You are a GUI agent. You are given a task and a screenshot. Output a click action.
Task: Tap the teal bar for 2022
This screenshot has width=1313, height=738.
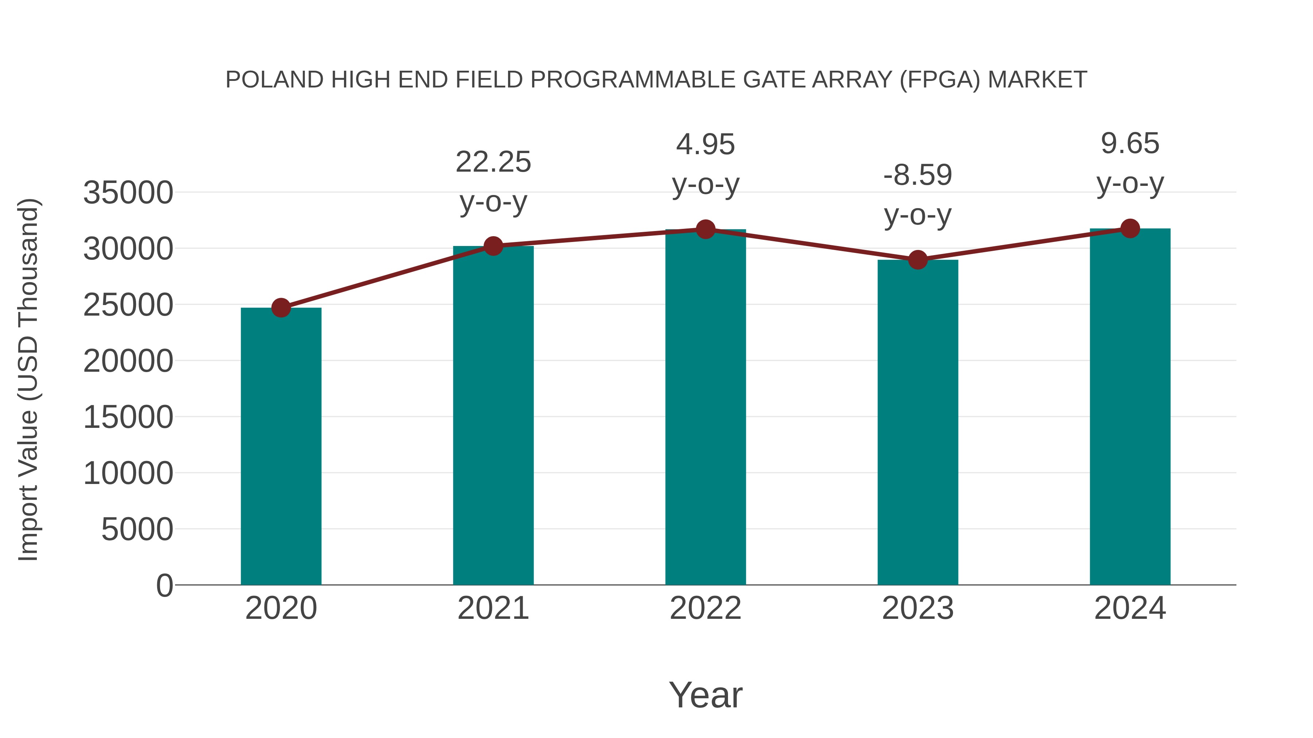click(x=705, y=407)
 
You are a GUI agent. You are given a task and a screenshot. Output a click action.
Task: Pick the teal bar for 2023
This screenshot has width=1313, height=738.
click(x=918, y=422)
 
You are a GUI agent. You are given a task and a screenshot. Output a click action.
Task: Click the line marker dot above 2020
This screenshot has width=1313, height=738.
click(x=281, y=308)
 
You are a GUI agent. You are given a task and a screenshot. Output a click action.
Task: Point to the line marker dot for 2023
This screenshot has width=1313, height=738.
click(x=918, y=260)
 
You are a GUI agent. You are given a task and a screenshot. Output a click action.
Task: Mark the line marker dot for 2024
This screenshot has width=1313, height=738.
click(x=1130, y=229)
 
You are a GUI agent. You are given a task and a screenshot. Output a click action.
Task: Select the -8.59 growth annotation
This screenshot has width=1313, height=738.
click(x=918, y=175)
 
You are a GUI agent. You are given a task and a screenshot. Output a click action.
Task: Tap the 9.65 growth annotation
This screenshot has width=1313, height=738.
click(x=1130, y=144)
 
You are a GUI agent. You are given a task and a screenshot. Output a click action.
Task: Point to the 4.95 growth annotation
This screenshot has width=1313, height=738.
click(x=705, y=145)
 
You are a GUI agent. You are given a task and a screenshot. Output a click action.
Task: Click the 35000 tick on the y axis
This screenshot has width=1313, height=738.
click(x=128, y=193)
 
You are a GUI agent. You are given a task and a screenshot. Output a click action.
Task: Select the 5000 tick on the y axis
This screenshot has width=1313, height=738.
click(x=137, y=529)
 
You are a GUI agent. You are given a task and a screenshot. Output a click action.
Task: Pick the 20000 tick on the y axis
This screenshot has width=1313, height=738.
click(x=128, y=361)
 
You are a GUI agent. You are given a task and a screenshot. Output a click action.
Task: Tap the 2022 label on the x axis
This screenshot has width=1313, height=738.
click(x=705, y=608)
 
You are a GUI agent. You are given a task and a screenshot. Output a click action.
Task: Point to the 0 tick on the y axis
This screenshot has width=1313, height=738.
click(x=164, y=585)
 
